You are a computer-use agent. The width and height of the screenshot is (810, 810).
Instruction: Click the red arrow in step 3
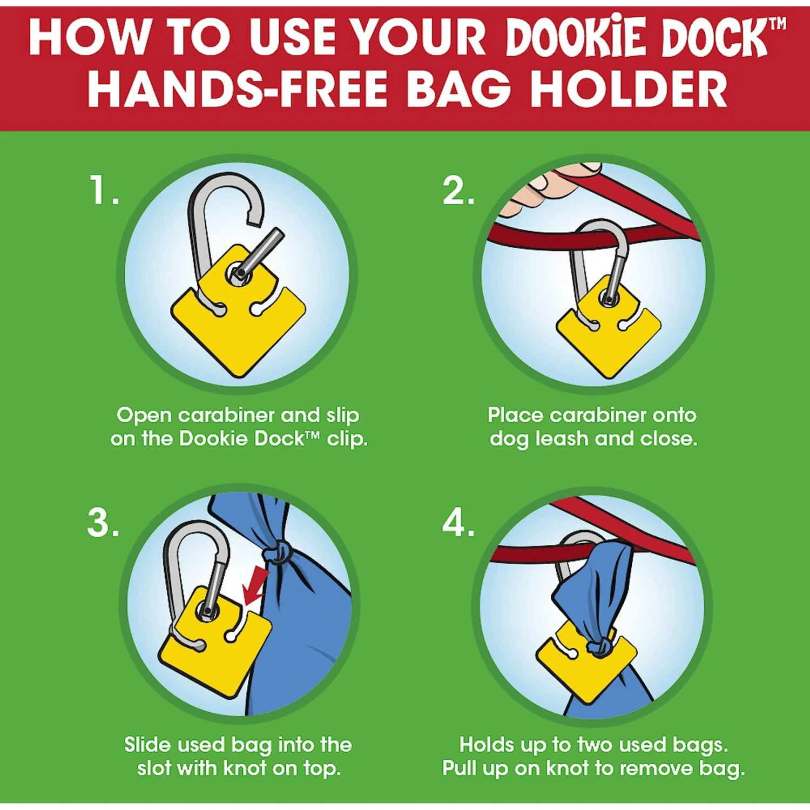tap(254, 585)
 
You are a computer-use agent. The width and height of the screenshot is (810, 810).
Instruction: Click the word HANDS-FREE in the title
tap(238, 89)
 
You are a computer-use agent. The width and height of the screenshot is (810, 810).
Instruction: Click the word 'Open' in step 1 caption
tap(144, 415)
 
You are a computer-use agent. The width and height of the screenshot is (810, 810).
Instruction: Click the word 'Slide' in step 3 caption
tap(148, 745)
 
